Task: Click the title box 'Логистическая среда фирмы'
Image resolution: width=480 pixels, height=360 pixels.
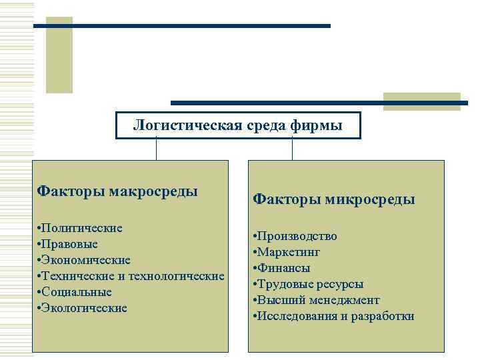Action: point(238,125)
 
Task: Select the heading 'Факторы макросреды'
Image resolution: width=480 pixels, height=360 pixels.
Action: point(117,192)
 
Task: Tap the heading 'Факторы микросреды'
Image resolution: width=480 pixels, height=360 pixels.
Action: point(334,199)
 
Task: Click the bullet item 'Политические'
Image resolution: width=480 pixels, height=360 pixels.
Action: point(80,228)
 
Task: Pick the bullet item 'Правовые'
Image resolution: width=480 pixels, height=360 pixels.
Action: point(69,244)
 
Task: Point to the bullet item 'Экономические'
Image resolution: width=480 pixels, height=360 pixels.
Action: point(84,260)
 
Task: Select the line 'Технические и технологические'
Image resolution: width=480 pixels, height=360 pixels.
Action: point(131,276)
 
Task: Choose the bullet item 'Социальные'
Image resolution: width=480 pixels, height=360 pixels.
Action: point(75,292)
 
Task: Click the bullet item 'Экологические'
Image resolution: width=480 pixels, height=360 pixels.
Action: point(83,308)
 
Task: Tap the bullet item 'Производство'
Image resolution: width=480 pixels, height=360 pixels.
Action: point(295,236)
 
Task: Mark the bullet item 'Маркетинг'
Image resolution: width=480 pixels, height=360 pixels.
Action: point(287,252)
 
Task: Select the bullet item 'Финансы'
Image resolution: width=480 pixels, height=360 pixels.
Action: point(282,268)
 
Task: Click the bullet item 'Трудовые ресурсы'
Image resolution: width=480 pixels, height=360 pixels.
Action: point(309,284)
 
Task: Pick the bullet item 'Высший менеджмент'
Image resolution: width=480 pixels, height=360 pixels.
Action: point(317,300)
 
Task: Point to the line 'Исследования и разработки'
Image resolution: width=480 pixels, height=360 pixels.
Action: point(334,316)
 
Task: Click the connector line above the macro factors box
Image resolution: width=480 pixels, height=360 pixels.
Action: point(156,149)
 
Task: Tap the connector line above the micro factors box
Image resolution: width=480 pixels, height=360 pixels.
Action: point(292,149)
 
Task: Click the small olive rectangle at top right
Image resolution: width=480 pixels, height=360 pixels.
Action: point(421,101)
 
